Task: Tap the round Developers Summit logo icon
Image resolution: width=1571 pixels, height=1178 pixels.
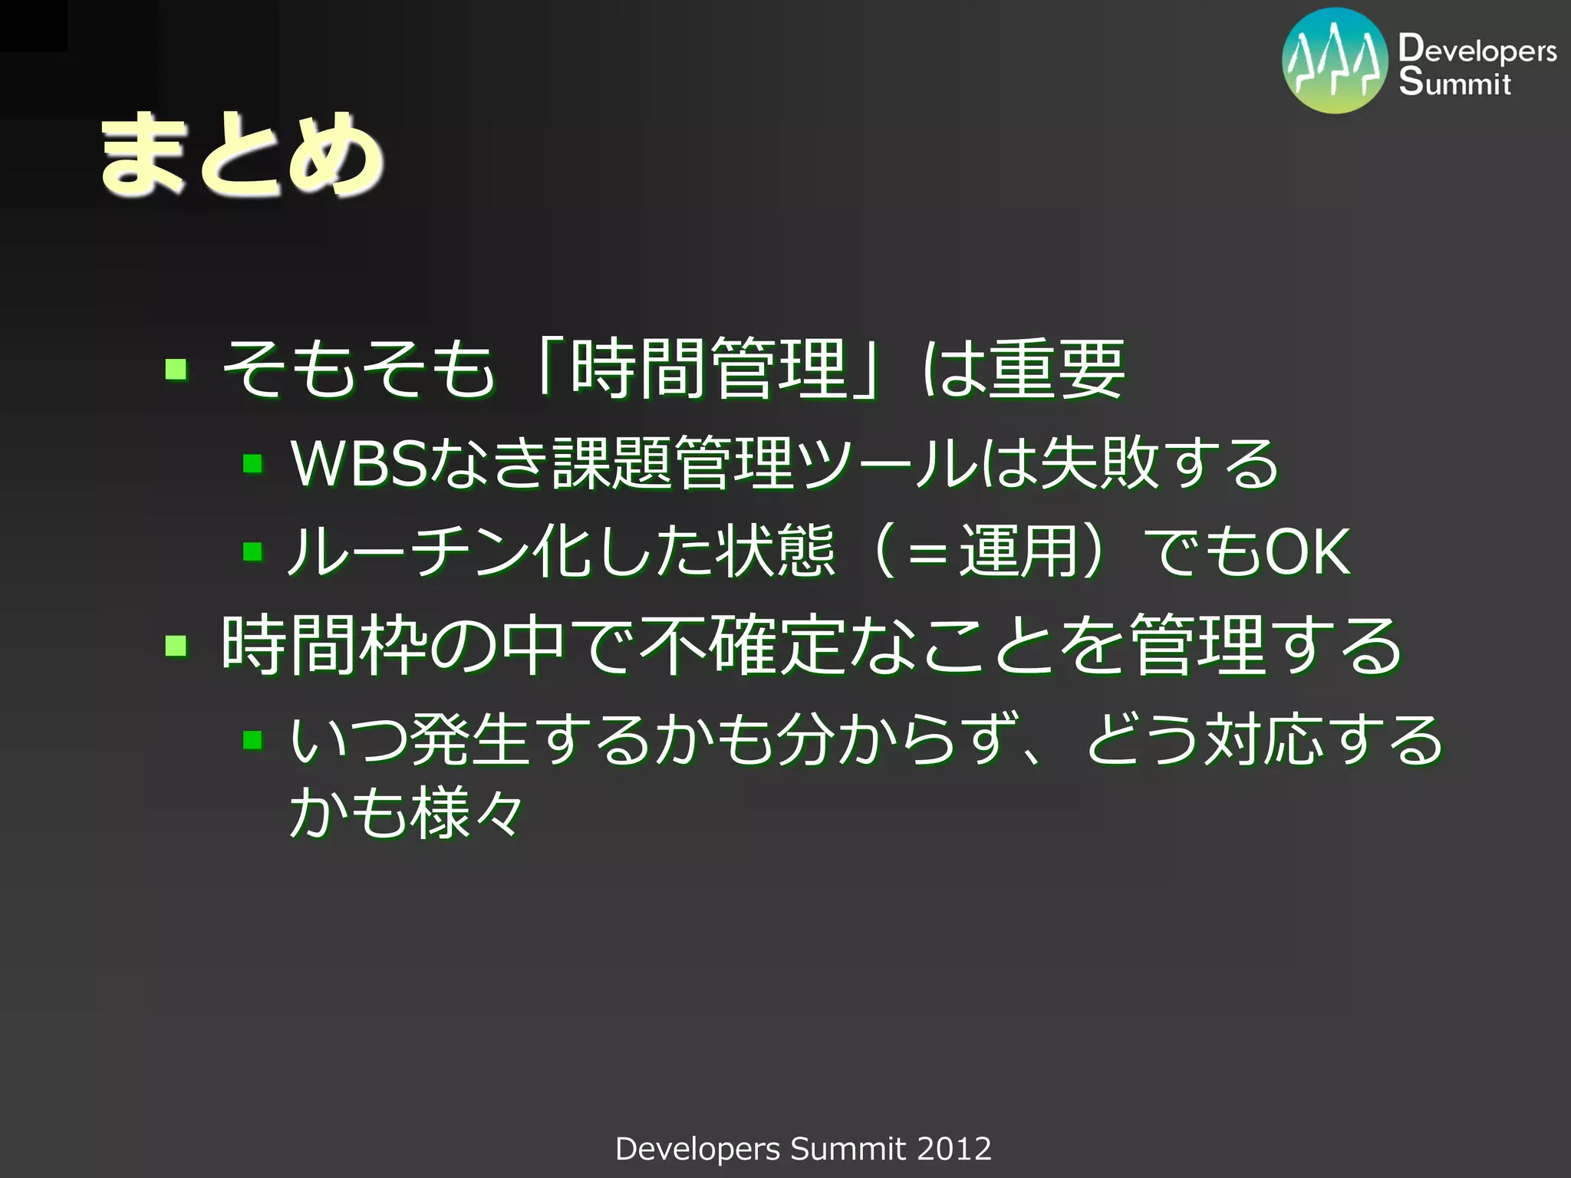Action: [1335, 61]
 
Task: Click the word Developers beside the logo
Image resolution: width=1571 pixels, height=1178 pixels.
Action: [1477, 50]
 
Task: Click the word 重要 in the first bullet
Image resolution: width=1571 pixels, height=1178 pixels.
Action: [1057, 369]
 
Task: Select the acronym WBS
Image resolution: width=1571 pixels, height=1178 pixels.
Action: [358, 463]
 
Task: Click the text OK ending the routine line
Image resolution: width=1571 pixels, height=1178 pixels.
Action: [1307, 551]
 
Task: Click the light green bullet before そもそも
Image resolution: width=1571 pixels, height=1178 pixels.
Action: [176, 370]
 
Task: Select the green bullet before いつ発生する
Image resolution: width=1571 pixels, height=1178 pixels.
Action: [252, 740]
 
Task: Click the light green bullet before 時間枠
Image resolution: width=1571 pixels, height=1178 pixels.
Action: [176, 646]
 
